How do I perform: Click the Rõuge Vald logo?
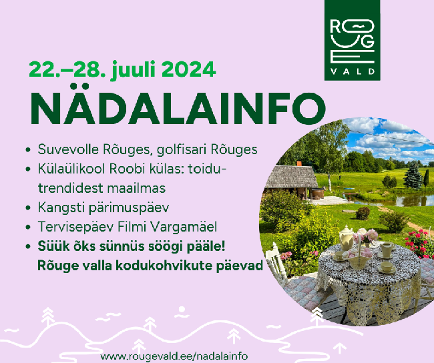point(352,41)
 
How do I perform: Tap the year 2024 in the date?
point(189,69)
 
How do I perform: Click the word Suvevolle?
point(68,149)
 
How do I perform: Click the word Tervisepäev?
point(76,228)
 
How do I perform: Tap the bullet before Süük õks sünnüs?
point(27,246)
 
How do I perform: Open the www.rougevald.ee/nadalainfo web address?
point(174,356)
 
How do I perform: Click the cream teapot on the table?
point(347,238)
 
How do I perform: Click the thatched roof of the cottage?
point(291,176)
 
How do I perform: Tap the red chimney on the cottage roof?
point(299,163)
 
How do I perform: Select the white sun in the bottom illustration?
point(182,310)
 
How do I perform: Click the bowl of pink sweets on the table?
point(357,258)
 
